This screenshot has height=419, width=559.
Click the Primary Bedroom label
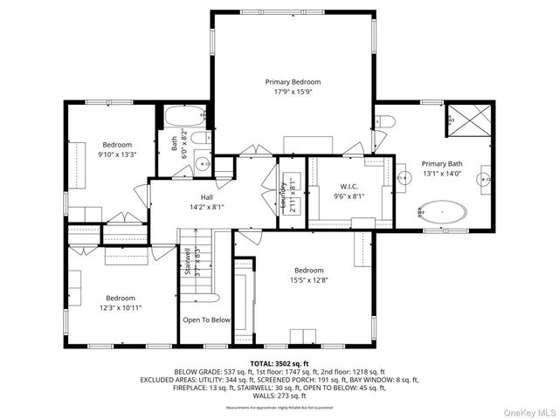click(293, 81)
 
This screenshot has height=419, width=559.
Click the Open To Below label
click(206, 319)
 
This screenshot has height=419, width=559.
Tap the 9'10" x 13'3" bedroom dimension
click(117, 155)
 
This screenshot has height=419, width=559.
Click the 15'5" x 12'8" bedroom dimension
click(308, 280)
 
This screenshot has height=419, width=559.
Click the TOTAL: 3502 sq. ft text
click(279, 363)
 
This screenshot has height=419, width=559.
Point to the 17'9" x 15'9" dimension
click(293, 92)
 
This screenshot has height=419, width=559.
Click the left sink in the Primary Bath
click(405, 177)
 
